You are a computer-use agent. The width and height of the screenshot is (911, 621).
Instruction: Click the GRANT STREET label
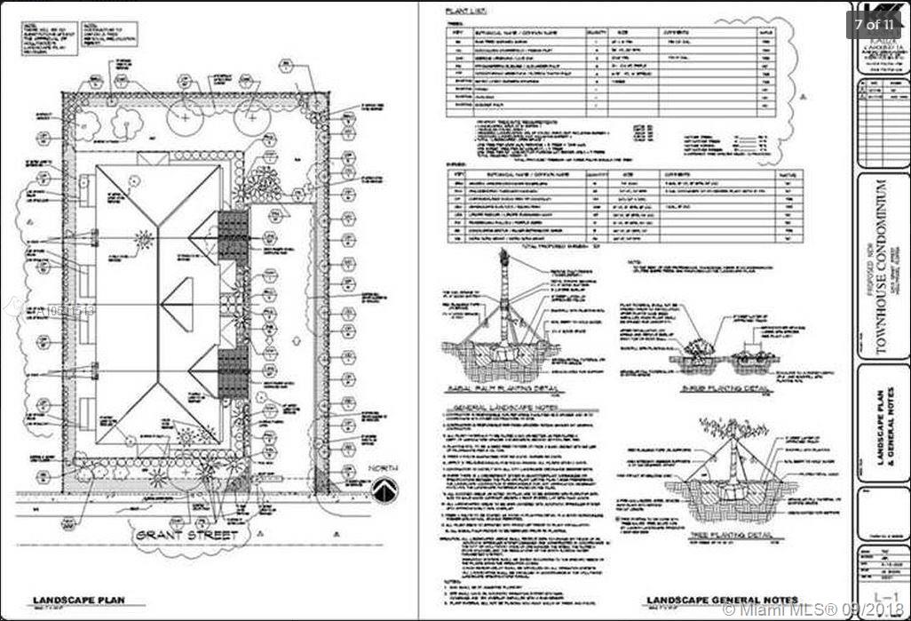(x=186, y=537)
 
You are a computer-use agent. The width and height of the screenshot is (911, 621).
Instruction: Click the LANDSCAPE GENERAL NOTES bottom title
(x=722, y=600)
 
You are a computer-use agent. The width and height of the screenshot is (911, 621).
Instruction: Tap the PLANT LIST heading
(x=463, y=11)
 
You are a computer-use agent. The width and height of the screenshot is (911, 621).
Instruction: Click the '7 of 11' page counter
(x=875, y=24)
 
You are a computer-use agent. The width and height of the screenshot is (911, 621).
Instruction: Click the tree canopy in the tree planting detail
(x=732, y=427)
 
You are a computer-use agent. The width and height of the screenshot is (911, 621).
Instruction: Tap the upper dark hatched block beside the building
(x=233, y=235)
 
